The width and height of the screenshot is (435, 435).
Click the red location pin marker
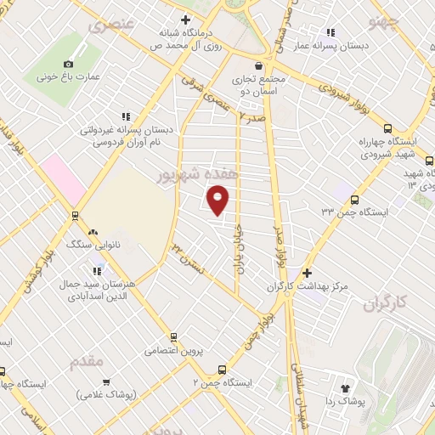[218, 201]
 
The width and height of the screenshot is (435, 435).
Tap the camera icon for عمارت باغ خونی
[69, 63]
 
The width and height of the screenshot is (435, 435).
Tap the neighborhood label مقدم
[87, 360]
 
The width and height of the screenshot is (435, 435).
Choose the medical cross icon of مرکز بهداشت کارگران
[306, 274]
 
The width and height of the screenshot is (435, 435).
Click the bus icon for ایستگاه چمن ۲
[222, 370]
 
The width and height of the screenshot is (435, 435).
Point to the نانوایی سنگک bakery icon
[93, 231]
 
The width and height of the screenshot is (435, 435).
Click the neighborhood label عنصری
[111, 25]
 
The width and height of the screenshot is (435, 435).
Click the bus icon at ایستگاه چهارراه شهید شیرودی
[388, 128]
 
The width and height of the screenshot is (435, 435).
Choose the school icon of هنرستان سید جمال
[94, 271]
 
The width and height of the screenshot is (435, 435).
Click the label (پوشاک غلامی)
[106, 394]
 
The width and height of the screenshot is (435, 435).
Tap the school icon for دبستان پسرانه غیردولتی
[126, 116]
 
